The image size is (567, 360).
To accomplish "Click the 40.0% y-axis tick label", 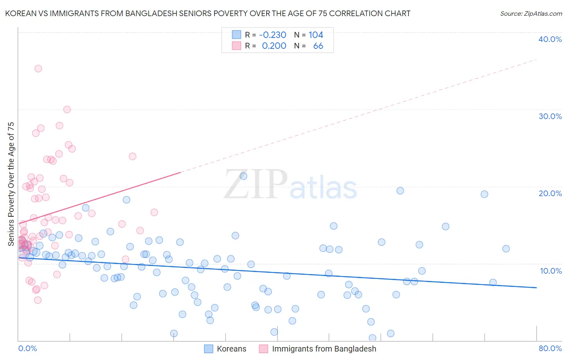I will pyautogui.click(x=550, y=39).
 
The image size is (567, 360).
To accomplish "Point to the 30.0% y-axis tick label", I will pyautogui.click(x=550, y=116).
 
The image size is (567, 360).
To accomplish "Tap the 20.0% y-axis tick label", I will pyautogui.click(x=550, y=193).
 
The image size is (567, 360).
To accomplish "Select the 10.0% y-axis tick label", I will pyautogui.click(x=551, y=271).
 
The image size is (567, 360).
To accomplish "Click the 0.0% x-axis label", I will pyautogui.click(x=27, y=348).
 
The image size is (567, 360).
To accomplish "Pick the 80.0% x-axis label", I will pyautogui.click(x=550, y=348).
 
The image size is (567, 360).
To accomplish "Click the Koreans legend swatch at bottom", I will pyautogui.click(x=208, y=349).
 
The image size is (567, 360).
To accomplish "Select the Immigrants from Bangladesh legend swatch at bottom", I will pyautogui.click(x=263, y=349).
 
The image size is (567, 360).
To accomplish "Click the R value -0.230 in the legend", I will pyautogui.click(x=273, y=35).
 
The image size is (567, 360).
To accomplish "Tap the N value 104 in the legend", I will pyautogui.click(x=316, y=35).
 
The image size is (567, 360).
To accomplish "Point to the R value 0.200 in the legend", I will pyautogui.click(x=274, y=46).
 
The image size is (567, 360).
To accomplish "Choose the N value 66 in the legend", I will pyautogui.click(x=318, y=46).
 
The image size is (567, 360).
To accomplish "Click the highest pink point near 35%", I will pyautogui.click(x=38, y=69).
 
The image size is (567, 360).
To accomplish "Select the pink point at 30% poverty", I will pyautogui.click(x=67, y=109).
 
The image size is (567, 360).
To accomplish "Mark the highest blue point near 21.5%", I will pyautogui.click(x=243, y=176).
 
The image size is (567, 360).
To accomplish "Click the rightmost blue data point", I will pyautogui.click(x=506, y=249).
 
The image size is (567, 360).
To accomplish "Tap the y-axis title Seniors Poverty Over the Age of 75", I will pyautogui.click(x=11, y=184).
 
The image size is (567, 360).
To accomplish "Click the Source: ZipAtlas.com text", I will pyautogui.click(x=531, y=14).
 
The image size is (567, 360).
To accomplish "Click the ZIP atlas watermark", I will pyautogui.click(x=290, y=184).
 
